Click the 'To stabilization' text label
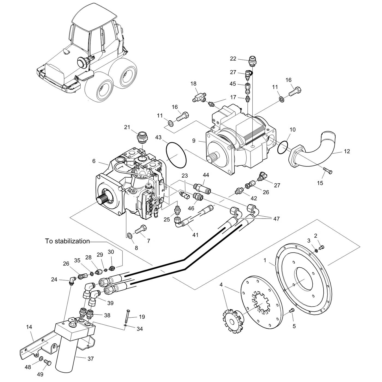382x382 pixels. [67, 241]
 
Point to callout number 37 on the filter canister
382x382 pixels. [91, 359]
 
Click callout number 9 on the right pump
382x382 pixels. [194, 141]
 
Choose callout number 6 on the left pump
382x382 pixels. [94, 161]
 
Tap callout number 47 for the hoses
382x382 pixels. [276, 219]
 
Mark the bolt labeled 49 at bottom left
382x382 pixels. [47, 362]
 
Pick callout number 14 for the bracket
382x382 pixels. [29, 327]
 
